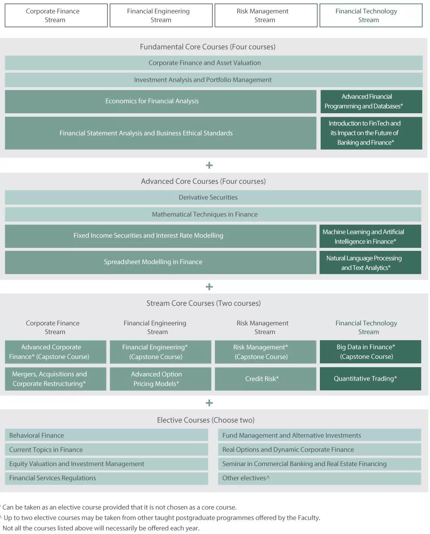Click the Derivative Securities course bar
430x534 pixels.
pos(213,197)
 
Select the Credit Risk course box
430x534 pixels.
pos(265,379)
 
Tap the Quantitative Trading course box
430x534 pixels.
pos(370,379)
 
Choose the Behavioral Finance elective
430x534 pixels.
pos(106,435)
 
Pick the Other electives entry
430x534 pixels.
pos(319,478)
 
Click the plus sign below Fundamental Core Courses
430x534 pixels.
pos(209,165)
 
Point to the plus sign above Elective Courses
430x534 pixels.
pos(209,403)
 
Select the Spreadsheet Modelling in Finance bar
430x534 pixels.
pos(161,262)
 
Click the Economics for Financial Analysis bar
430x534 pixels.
pos(161,101)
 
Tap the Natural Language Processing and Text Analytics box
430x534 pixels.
pos(370,262)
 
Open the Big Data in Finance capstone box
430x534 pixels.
pos(370,351)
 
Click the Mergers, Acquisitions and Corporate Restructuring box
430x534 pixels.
pos(56,379)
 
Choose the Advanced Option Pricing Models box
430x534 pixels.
pos(161,379)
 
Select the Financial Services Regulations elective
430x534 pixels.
pos(106,478)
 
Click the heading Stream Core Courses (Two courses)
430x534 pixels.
pos(203,303)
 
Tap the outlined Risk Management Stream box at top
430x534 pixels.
pos(266,15)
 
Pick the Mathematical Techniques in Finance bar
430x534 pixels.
pos(213,214)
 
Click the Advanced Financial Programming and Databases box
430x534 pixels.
pos(371,101)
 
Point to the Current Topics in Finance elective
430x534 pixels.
pos(106,450)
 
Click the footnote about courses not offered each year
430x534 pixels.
pos(101,528)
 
